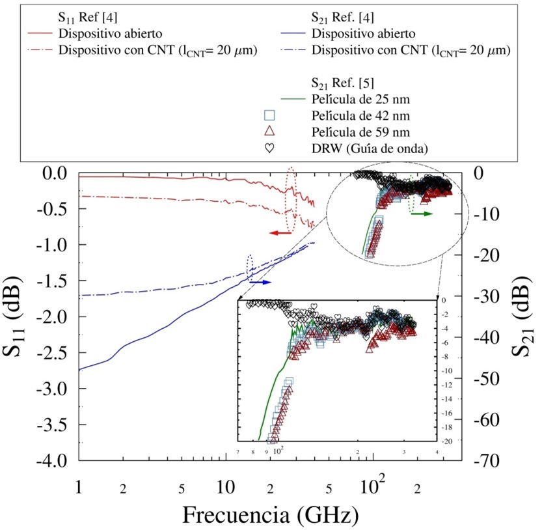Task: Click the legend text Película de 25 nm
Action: (355, 99)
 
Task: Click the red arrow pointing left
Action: (280, 232)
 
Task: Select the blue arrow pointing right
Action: (260, 283)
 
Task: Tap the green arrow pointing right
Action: (422, 214)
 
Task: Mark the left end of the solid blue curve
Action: (79, 370)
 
